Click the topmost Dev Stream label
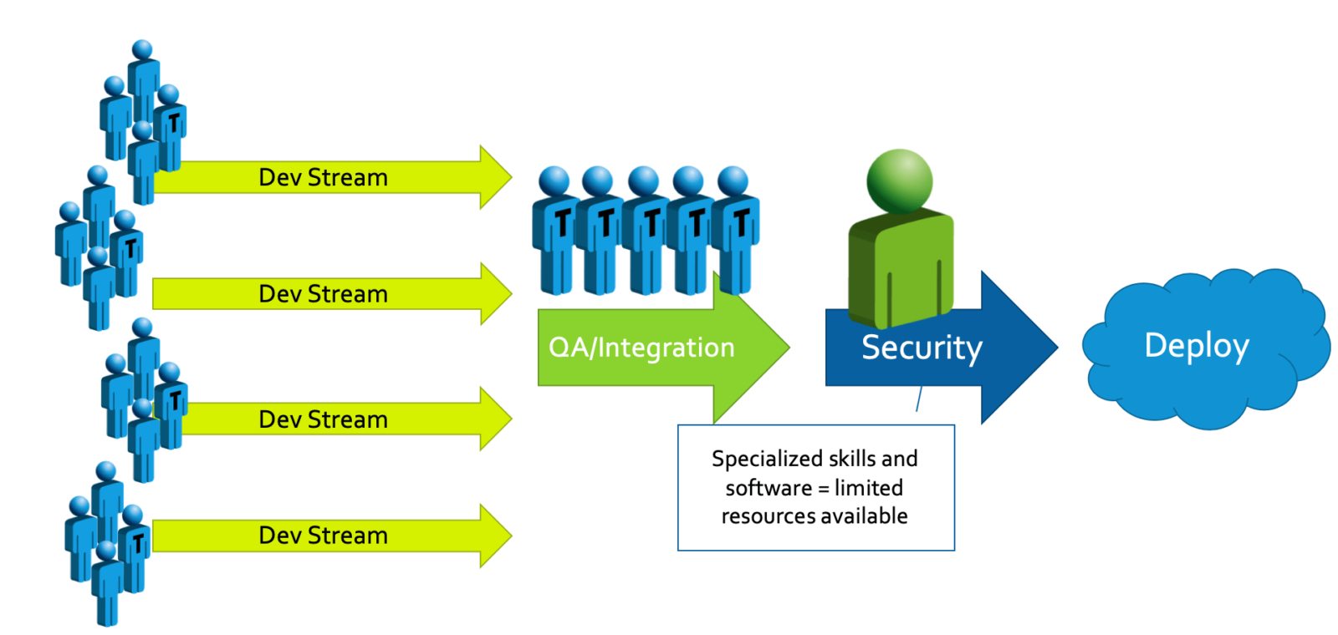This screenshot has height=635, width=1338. (323, 178)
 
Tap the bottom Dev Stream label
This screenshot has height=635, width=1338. (323, 536)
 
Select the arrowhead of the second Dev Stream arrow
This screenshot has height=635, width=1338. (495, 294)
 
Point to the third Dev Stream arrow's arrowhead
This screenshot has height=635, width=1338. (495, 419)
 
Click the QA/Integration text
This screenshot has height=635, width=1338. (641, 348)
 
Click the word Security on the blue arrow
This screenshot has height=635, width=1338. (922, 348)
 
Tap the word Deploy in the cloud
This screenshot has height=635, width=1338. (1197, 345)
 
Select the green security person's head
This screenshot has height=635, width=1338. (900, 180)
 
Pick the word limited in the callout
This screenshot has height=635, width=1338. (869, 488)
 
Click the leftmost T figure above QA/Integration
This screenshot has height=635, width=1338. (555, 230)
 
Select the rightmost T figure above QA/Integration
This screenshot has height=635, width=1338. (737, 230)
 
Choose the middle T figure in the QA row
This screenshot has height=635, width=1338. (646, 230)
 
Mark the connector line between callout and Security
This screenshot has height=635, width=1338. (919, 399)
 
